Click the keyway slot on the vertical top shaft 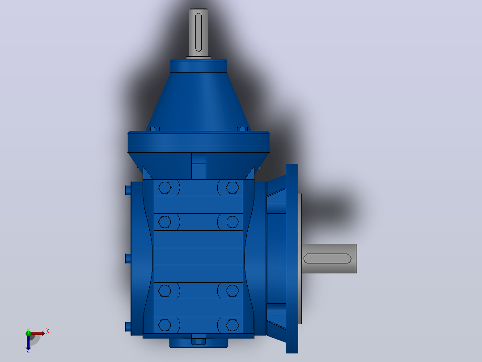[x=198, y=32]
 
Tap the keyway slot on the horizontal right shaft [x=327, y=259]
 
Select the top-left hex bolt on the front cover [x=165, y=187]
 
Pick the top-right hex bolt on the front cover [x=232, y=187]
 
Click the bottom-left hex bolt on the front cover [x=165, y=325]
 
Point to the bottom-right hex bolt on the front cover [x=232, y=325]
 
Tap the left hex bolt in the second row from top [x=165, y=222]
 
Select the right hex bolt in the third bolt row [x=232, y=290]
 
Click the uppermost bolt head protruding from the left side [x=128, y=190]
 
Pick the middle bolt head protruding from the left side [x=128, y=259]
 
